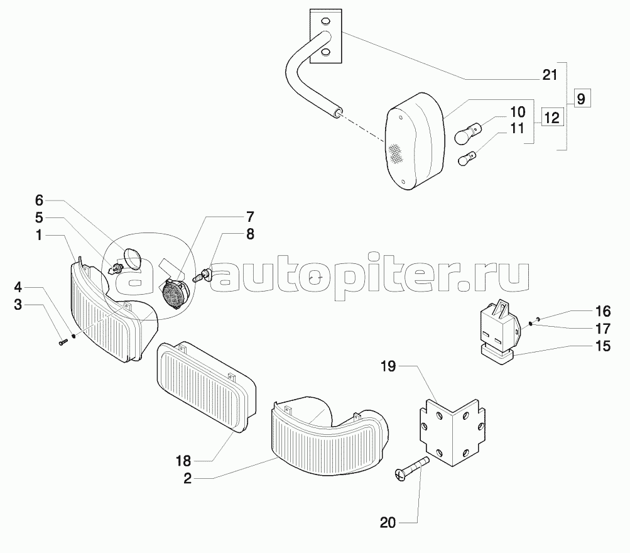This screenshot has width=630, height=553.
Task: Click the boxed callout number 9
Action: (581, 99)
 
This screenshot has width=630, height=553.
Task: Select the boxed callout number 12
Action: (550, 116)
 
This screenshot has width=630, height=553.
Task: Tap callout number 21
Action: (550, 75)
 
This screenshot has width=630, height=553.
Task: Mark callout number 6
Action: (39, 200)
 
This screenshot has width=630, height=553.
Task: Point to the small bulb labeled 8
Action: (203, 275)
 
